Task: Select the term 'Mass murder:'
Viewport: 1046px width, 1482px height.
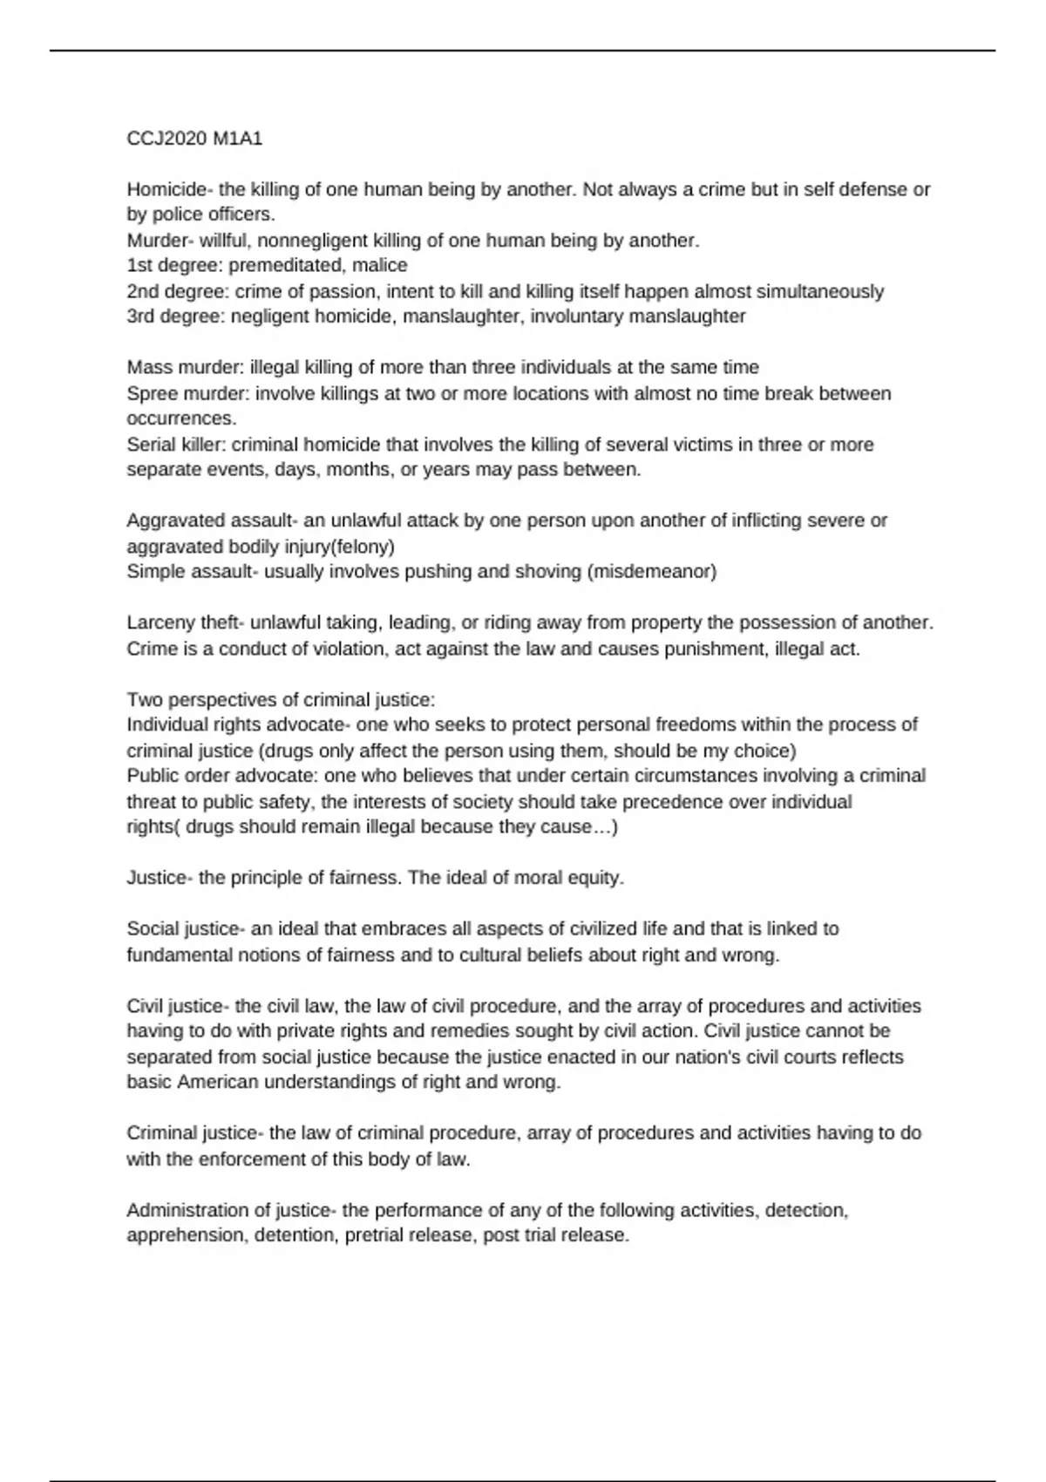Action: [185, 368]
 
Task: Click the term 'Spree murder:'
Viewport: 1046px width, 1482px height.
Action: [188, 394]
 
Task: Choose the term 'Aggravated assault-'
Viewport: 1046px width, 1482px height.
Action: [213, 521]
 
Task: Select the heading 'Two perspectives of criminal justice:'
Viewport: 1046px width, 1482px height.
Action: [281, 700]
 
